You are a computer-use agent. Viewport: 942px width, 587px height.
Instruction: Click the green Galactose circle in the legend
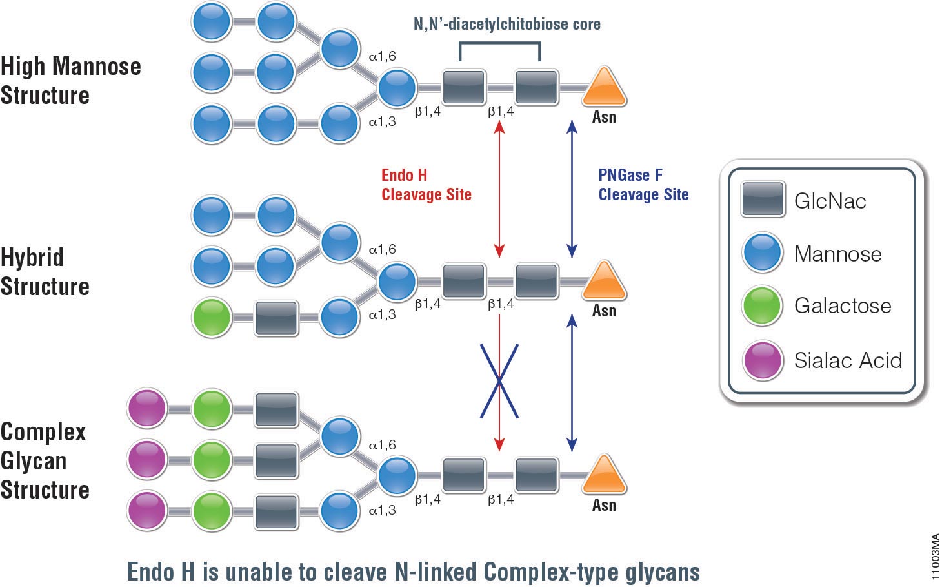[762, 305]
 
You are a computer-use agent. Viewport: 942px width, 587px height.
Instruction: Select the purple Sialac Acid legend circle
[762, 360]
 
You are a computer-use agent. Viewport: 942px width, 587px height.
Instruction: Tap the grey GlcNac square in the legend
[763, 199]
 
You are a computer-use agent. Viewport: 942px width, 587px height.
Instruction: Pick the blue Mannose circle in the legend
[762, 252]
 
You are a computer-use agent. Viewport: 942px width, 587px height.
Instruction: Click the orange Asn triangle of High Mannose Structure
[604, 88]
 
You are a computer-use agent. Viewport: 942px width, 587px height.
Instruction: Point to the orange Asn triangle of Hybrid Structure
[604, 282]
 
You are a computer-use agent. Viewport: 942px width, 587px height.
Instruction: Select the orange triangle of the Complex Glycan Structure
[604, 476]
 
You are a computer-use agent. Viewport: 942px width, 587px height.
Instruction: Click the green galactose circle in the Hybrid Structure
[212, 317]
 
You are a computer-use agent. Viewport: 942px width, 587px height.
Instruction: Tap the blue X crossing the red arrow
[499, 381]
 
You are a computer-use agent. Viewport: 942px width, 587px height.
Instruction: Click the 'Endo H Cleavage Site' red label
[426, 185]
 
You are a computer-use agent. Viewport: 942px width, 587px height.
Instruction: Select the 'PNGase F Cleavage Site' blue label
[643, 185]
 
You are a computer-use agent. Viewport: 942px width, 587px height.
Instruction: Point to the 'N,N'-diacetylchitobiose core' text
[506, 25]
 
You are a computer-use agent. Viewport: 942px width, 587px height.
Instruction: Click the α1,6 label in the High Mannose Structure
[382, 57]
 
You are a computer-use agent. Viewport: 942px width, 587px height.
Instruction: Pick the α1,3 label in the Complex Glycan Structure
[382, 510]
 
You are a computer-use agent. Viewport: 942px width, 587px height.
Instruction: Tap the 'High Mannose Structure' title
[70, 81]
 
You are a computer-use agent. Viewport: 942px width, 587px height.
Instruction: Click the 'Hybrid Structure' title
[45, 272]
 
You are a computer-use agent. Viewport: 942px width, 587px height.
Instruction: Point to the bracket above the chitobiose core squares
[499, 44]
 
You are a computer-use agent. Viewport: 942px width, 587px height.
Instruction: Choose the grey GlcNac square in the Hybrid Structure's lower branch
[276, 317]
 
